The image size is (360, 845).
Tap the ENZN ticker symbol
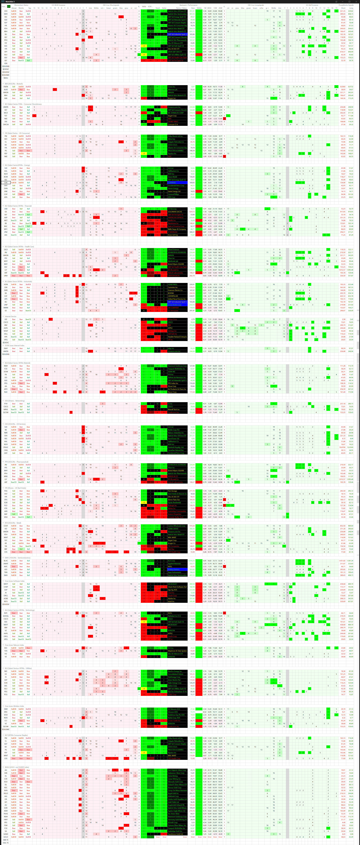tap(6, 87)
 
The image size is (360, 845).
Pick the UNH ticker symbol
tap(6, 276)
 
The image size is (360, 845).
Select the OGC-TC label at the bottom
tap(6, 842)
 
